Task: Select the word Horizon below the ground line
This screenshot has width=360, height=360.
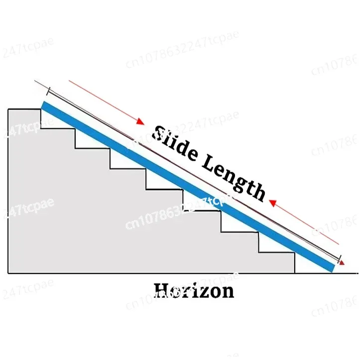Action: [x=194, y=290]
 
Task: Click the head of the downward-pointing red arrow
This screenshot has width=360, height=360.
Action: [x=141, y=123]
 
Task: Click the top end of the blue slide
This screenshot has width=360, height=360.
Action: [x=45, y=106]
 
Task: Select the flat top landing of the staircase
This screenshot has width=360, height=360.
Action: [x=24, y=109]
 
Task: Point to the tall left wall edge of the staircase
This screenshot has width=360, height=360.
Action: [x=8, y=189]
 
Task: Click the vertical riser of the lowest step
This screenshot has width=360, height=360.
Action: [x=295, y=263]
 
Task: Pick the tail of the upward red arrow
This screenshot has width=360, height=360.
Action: [x=339, y=244]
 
